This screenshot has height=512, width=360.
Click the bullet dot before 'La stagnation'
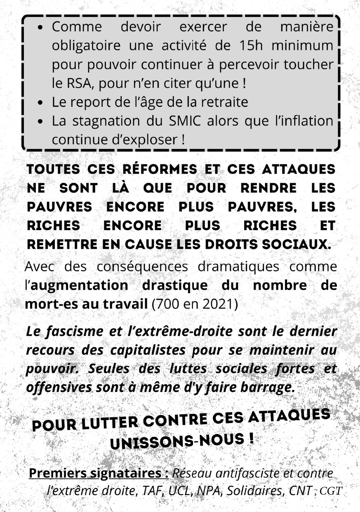click(x=40, y=122)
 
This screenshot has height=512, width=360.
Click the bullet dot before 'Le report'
click(x=40, y=103)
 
